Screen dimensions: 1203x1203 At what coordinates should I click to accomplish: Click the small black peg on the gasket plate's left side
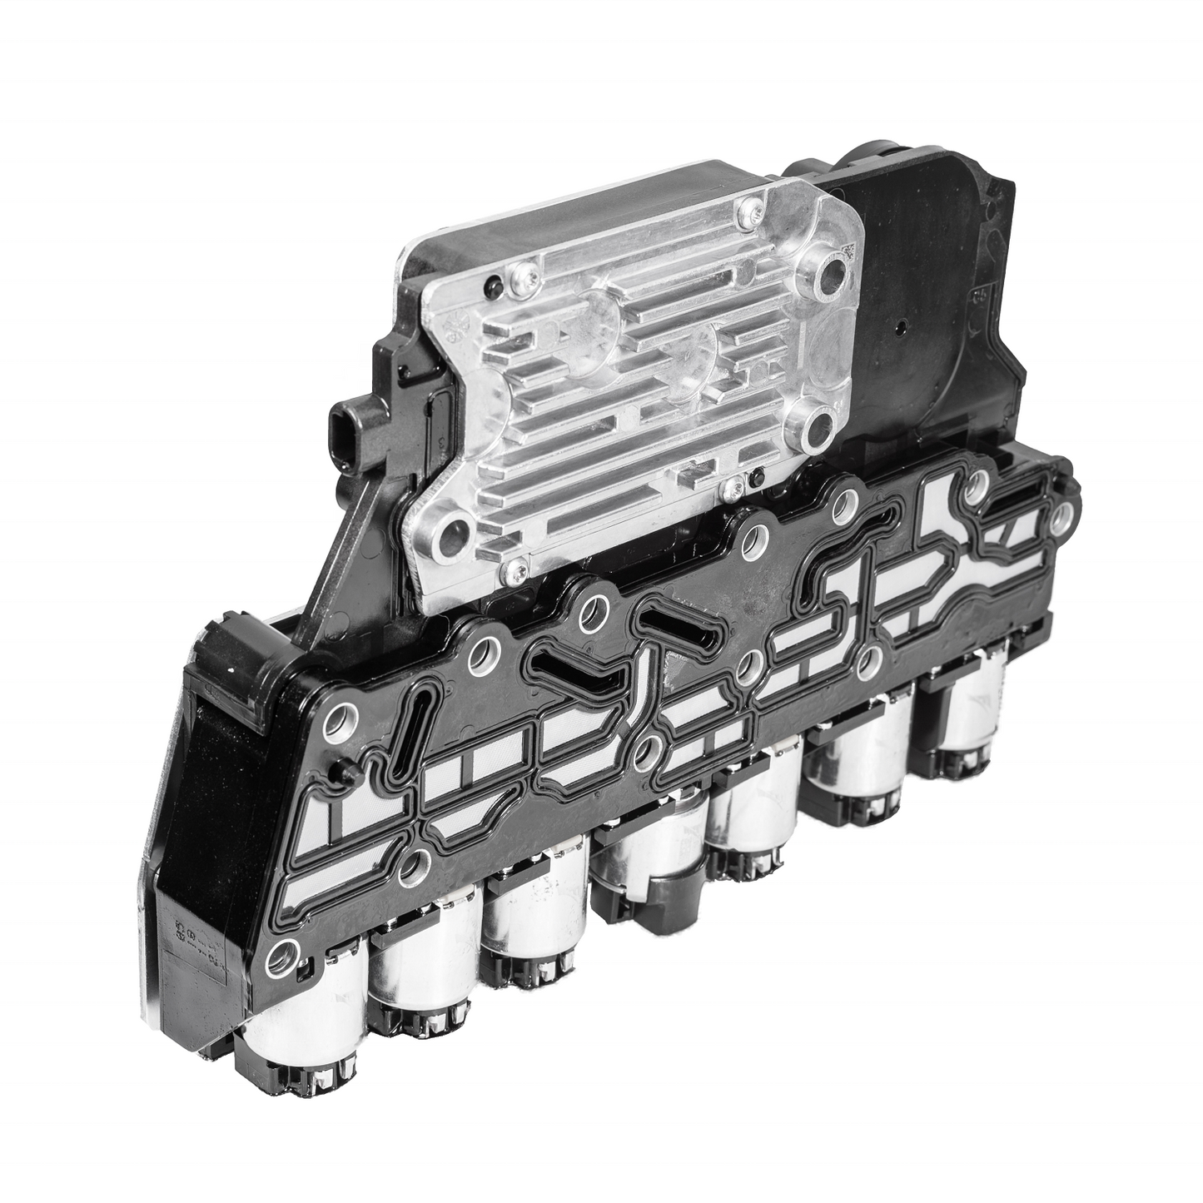[339, 773]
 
